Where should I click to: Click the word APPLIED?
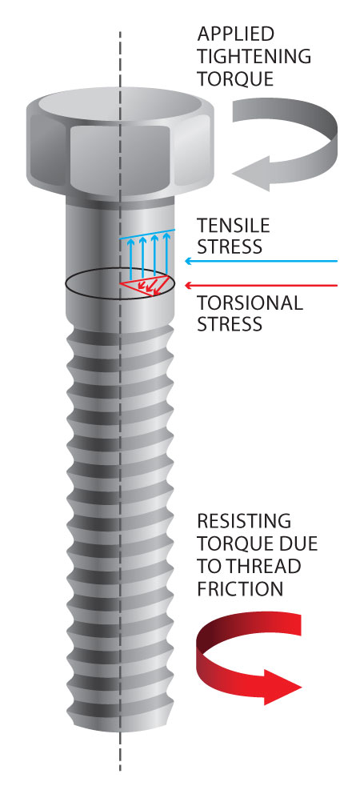pos(236,34)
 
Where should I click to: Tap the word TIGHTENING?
pos(254,56)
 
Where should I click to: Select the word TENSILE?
pos(233,225)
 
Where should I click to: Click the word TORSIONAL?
pos(250,303)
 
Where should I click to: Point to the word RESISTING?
pos(244,520)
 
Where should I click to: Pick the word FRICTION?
pos(240,588)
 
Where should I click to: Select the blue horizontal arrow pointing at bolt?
pos(261,261)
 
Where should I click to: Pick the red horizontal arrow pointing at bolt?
pos(261,286)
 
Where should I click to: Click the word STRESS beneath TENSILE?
pos(230,247)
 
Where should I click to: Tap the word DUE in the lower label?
pos(301,543)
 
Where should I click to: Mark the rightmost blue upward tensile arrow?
pos(166,256)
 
